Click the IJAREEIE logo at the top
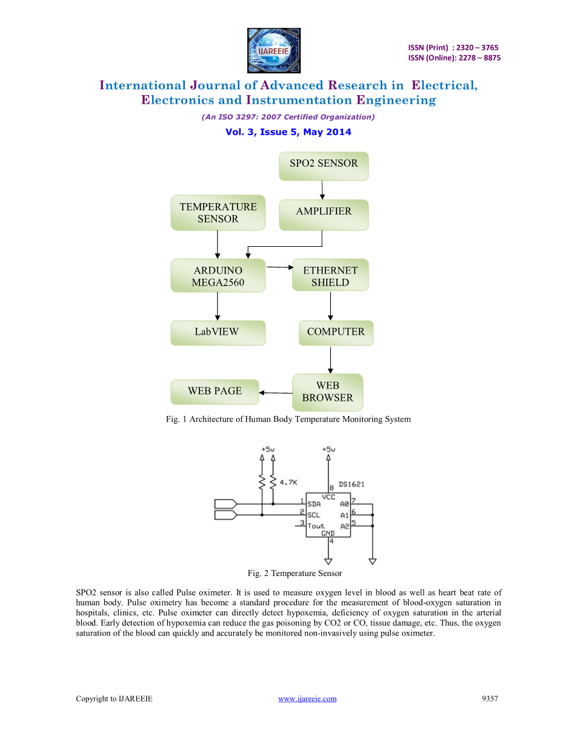tap(273, 50)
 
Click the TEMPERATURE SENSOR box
tap(218, 213)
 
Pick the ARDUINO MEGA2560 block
tap(218, 276)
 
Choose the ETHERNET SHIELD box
tap(330, 276)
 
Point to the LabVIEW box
tap(218, 332)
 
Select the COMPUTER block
tap(336, 332)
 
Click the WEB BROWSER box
tap(327, 392)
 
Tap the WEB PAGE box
tap(215, 392)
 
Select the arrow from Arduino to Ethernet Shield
tap(279, 267)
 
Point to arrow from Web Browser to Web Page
tap(276, 393)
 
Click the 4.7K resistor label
tap(288, 483)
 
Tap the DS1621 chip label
tap(352, 484)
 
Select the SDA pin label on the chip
tap(314, 504)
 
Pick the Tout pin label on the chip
tap(316, 526)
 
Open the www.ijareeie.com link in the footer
tap(307, 699)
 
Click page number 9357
tap(490, 699)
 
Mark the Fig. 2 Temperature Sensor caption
tap(295, 573)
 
